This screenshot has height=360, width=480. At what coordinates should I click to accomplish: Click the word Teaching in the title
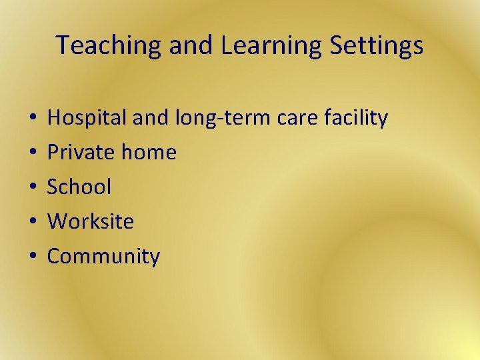pos(109,46)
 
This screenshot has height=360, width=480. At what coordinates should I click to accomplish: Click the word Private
pos(81,153)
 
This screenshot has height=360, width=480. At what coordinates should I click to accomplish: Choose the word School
pos(79,187)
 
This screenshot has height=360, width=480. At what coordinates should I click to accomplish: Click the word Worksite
pos(91,221)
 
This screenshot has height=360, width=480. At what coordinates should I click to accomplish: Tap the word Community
pos(103,257)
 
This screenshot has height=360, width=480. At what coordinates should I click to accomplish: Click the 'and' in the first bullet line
pos(153,118)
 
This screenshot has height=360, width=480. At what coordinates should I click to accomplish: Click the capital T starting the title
pos(62,45)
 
